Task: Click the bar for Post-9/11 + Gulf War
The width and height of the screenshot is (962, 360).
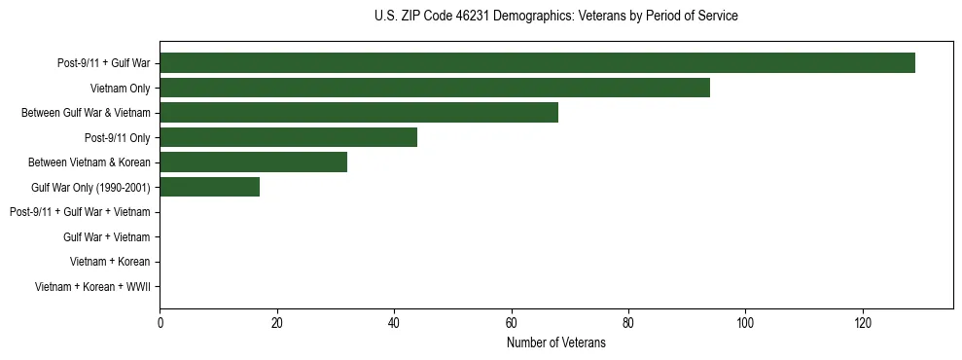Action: [537, 63]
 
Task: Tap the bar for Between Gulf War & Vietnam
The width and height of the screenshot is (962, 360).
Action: [359, 113]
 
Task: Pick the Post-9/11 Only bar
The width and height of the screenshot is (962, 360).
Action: [288, 137]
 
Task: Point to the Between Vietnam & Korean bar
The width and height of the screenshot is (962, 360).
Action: [253, 162]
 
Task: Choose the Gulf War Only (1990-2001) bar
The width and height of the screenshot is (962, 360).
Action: [209, 187]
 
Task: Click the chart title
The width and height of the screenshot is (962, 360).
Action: [555, 17]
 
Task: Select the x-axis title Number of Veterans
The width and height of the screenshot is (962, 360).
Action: [555, 342]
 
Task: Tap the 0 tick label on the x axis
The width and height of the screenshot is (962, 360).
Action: [160, 323]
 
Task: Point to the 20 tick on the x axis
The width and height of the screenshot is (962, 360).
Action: [277, 323]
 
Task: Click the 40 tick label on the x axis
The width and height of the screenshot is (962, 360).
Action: [394, 323]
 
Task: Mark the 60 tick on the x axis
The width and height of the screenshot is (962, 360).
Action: [511, 323]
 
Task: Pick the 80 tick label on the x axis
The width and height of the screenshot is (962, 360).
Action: [628, 323]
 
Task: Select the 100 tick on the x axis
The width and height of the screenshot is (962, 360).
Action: [745, 323]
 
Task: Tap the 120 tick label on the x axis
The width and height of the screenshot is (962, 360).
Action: [863, 323]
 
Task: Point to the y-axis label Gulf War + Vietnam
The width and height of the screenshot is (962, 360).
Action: [106, 236]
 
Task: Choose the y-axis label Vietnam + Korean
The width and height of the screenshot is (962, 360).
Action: [110, 262]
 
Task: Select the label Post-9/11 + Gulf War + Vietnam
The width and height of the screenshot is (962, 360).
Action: [80, 212]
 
